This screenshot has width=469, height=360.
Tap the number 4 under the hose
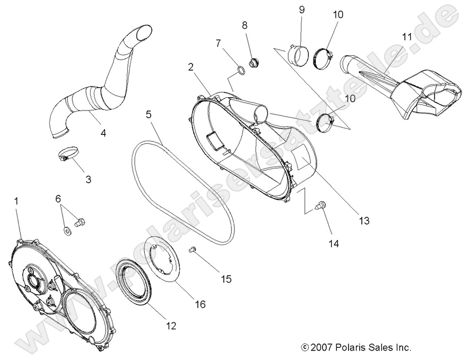[x=103, y=133]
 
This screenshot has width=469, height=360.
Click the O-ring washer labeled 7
[x=240, y=69]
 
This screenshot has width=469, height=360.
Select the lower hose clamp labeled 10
[x=324, y=124]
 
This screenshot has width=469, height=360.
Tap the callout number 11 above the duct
[x=407, y=37]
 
